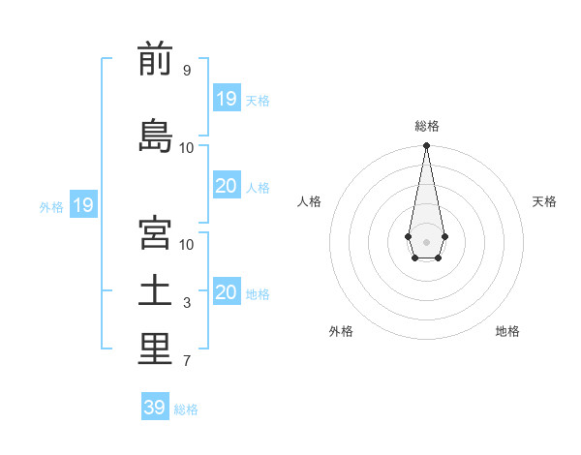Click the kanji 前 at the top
click(x=155, y=60)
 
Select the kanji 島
click(x=155, y=134)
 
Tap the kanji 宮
click(x=155, y=234)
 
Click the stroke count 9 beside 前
click(x=186, y=71)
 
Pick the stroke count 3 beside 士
click(x=186, y=303)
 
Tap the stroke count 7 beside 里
click(x=186, y=362)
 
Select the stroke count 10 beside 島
click(x=187, y=147)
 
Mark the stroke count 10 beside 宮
click(x=187, y=244)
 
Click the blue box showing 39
click(x=154, y=408)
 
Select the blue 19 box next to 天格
click(x=226, y=99)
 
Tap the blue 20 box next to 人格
click(x=226, y=186)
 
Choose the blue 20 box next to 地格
click(x=226, y=292)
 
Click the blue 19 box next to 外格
click(x=82, y=205)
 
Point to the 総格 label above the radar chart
click(x=426, y=126)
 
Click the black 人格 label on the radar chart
click(x=309, y=201)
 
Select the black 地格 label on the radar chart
click(x=507, y=331)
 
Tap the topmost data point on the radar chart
click(x=426, y=145)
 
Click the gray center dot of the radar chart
click(x=426, y=241)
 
